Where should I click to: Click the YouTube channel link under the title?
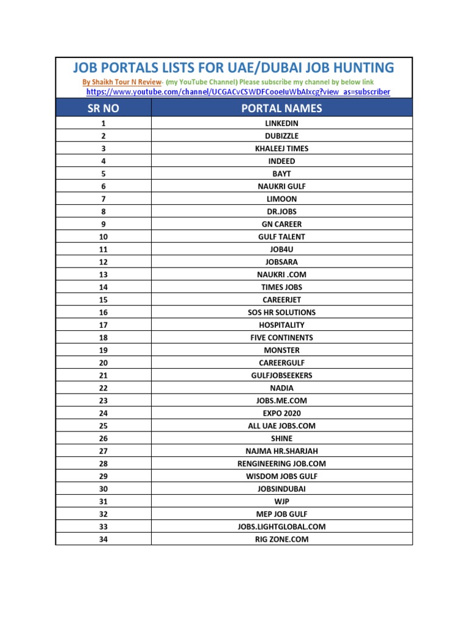[238, 92]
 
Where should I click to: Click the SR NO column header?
[104, 108]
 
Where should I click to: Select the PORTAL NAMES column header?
[282, 108]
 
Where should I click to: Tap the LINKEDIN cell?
[282, 123]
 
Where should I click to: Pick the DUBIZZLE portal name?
[282, 136]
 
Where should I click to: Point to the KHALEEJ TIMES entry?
[282, 149]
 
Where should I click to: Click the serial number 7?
[104, 199]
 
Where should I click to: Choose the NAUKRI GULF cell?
[282, 186]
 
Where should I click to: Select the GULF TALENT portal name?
[282, 236]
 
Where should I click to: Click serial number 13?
[104, 274]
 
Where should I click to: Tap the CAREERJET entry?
[282, 300]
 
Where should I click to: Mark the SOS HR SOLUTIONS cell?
[282, 312]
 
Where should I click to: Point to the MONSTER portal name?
[282, 350]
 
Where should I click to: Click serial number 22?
[104, 388]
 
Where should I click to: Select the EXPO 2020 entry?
[282, 413]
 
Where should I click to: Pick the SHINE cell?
[282, 438]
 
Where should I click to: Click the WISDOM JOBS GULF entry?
[282, 476]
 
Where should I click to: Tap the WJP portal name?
[282, 502]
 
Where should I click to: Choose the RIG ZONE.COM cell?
[282, 539]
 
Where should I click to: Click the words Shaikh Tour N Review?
[126, 82]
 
